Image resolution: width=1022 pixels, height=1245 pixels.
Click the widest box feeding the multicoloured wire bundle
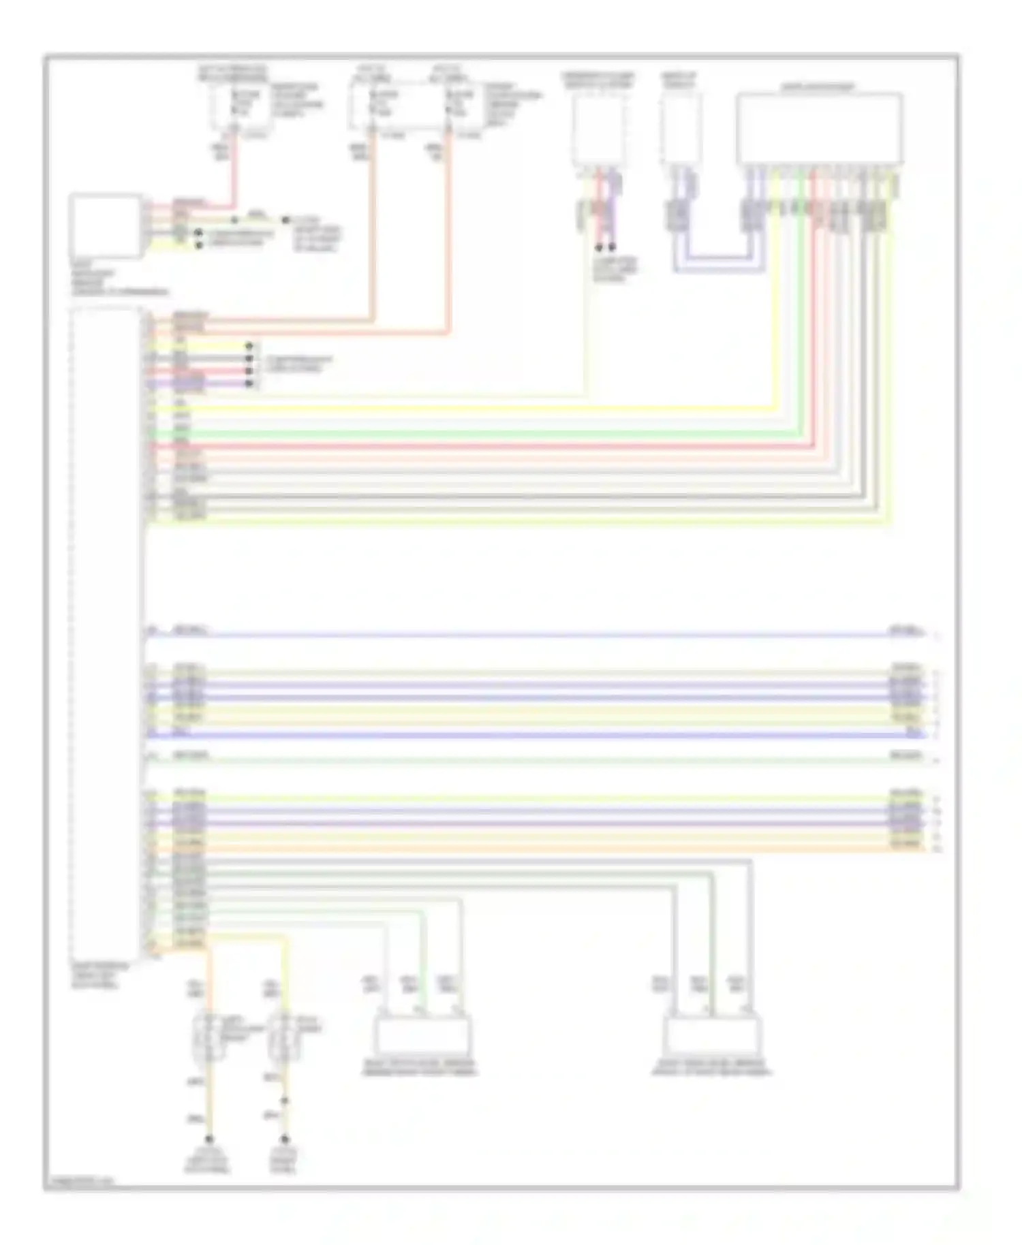pos(819,129)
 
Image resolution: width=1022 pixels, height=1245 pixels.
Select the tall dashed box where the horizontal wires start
pos(106,633)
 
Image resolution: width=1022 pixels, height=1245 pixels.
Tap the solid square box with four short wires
pos(106,226)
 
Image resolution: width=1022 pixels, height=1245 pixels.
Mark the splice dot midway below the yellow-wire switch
pos(285,1101)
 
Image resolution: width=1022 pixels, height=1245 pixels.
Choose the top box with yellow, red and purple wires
pos(599,129)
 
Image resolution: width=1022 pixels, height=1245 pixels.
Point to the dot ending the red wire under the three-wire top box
pos(599,248)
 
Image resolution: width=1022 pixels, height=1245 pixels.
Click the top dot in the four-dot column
pos(249,346)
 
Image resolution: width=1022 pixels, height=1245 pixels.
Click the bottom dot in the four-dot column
pos(249,384)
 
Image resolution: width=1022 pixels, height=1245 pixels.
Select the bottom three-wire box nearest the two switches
pos(422,1036)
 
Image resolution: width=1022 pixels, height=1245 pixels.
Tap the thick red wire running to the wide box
pos(477,446)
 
